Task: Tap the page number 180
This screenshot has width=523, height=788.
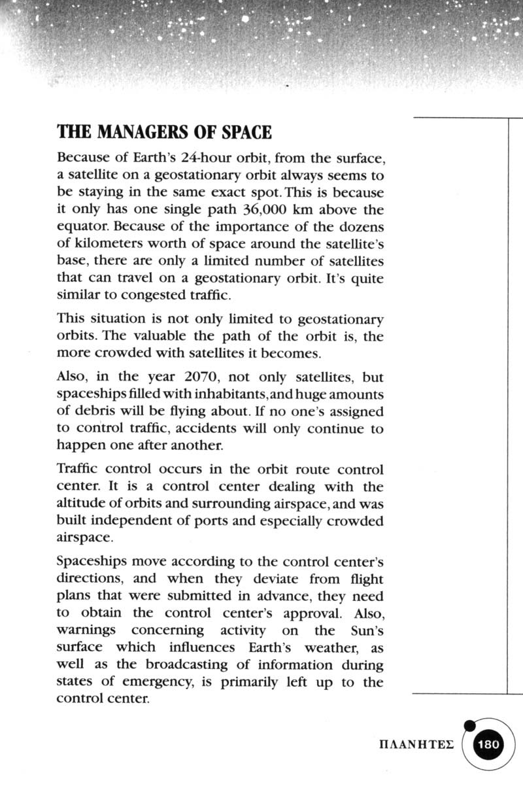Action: pyautogui.click(x=489, y=745)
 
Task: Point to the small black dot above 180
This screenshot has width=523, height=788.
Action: pyautogui.click(x=468, y=725)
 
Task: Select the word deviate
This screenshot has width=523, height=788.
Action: pyautogui.click(x=273, y=579)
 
